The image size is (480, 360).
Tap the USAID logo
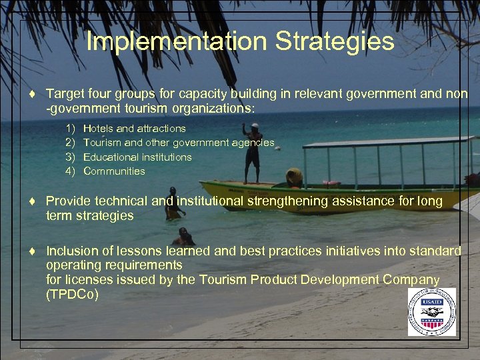tap(432, 311)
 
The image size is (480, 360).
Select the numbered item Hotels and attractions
tap(134, 128)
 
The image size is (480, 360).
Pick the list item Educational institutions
tap(137, 157)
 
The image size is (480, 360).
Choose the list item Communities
tap(114, 171)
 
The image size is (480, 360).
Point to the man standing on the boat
tap(253, 153)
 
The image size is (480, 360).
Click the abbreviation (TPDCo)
tap(72, 294)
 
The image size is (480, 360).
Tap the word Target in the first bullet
tap(65, 94)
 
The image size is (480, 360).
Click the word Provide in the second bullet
tap(68, 201)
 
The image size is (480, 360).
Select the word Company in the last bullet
tap(409, 280)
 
